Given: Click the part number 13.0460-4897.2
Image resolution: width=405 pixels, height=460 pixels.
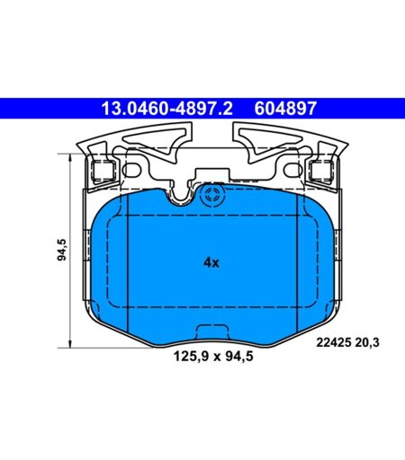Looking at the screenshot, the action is pyautogui.click(x=166, y=109).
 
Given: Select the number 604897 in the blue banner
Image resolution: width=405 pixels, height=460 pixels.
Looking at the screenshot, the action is pyautogui.click(x=285, y=109).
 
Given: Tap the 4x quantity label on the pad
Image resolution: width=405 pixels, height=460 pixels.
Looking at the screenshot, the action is pyautogui.click(x=211, y=263).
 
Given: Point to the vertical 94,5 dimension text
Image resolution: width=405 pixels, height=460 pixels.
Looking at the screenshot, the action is pyautogui.click(x=62, y=250).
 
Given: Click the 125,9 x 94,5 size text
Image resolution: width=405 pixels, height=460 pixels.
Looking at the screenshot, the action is pyautogui.click(x=213, y=357).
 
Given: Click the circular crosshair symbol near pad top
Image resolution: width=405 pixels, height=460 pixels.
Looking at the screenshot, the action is pyautogui.click(x=212, y=195).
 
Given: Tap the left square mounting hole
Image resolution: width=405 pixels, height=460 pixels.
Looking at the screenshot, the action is pyautogui.click(x=103, y=172).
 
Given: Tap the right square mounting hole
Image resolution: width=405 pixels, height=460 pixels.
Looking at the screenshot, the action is pyautogui.click(x=321, y=171).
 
